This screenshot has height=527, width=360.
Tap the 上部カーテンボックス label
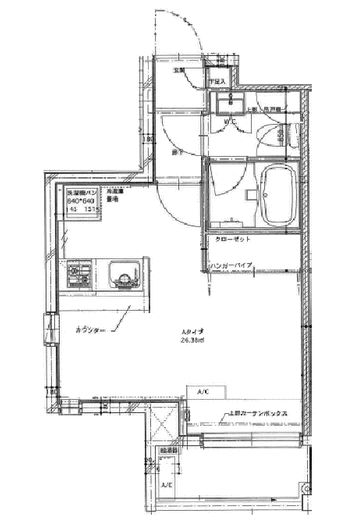point(258,411)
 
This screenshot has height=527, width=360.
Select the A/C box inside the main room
point(203,390)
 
